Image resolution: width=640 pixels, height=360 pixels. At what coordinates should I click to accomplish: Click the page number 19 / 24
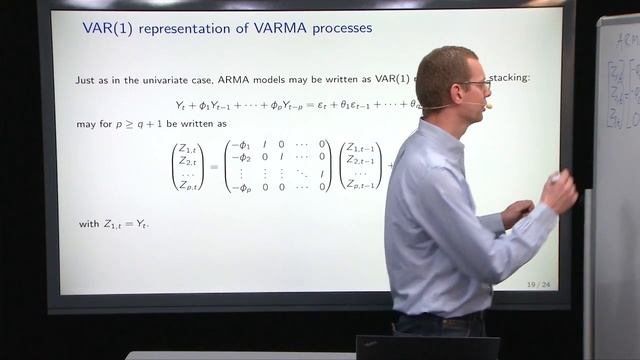[x=538, y=285]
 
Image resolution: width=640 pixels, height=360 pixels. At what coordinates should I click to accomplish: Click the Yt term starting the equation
[x=181, y=104]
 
